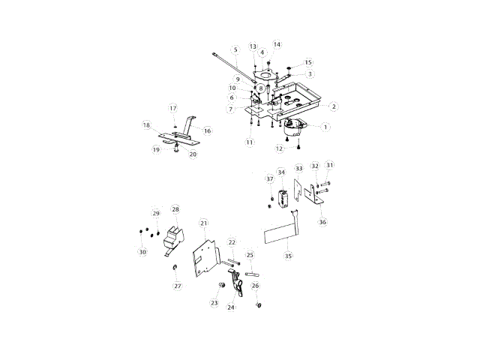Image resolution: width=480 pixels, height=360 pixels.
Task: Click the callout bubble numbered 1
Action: coord(326,127)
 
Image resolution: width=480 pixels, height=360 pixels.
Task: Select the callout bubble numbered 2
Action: coord(334,107)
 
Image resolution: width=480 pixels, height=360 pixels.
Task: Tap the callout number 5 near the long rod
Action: coord(235,50)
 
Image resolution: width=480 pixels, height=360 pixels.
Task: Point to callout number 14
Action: coord(277,44)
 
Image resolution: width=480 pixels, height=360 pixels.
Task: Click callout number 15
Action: coord(308,62)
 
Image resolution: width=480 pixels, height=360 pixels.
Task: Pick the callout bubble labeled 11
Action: coord(249,142)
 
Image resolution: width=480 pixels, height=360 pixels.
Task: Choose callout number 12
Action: coord(279,148)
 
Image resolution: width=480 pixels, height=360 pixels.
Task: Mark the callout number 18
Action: coord(146,124)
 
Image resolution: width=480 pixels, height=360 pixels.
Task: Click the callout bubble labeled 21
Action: coord(203,223)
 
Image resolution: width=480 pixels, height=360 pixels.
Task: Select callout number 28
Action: coord(175,209)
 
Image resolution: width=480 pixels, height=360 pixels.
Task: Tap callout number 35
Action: coord(287,256)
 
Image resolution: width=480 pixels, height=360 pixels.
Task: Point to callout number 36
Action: coord(322,222)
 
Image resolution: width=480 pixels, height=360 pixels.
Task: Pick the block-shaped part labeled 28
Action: coord(174,235)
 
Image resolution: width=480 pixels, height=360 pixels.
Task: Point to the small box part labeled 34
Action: coord(283,199)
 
